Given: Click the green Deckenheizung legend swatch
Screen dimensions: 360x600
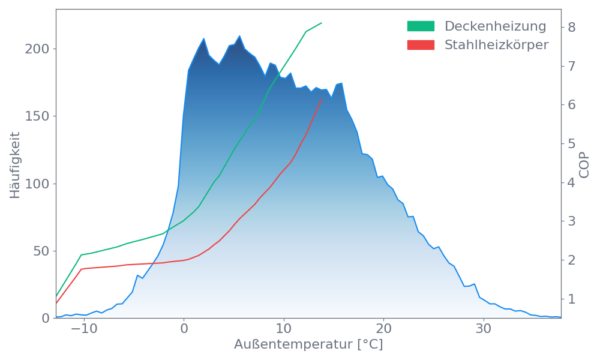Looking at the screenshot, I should click(x=421, y=26).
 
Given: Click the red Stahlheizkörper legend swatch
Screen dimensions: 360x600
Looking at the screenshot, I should click(x=421, y=45).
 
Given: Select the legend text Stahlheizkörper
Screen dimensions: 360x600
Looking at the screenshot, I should click(x=496, y=45).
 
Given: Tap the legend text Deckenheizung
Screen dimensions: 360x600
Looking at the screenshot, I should click(x=495, y=26).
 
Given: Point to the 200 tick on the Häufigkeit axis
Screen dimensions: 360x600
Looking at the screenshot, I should click(x=37, y=49).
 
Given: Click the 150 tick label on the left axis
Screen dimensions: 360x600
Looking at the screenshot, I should click(x=37, y=116).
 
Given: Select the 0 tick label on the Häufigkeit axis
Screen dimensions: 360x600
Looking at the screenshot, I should click(x=46, y=318).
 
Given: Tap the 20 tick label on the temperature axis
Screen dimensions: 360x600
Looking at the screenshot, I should click(x=383, y=329).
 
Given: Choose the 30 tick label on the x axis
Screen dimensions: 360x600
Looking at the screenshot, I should click(x=484, y=329).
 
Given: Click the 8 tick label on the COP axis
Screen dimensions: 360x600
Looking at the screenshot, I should click(x=572, y=27).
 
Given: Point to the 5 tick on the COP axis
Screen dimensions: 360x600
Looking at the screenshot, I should click(x=572, y=143).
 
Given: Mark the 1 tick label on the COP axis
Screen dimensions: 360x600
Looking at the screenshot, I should click(x=572, y=298).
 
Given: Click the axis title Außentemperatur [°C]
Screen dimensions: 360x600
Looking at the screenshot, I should click(x=308, y=345).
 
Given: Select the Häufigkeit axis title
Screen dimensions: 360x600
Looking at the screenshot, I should click(x=15, y=165).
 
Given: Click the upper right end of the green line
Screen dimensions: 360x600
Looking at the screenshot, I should click(x=322, y=23).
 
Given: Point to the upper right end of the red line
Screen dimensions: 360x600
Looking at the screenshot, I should click(x=322, y=100).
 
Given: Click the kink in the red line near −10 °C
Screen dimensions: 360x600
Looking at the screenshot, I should click(x=82, y=269).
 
